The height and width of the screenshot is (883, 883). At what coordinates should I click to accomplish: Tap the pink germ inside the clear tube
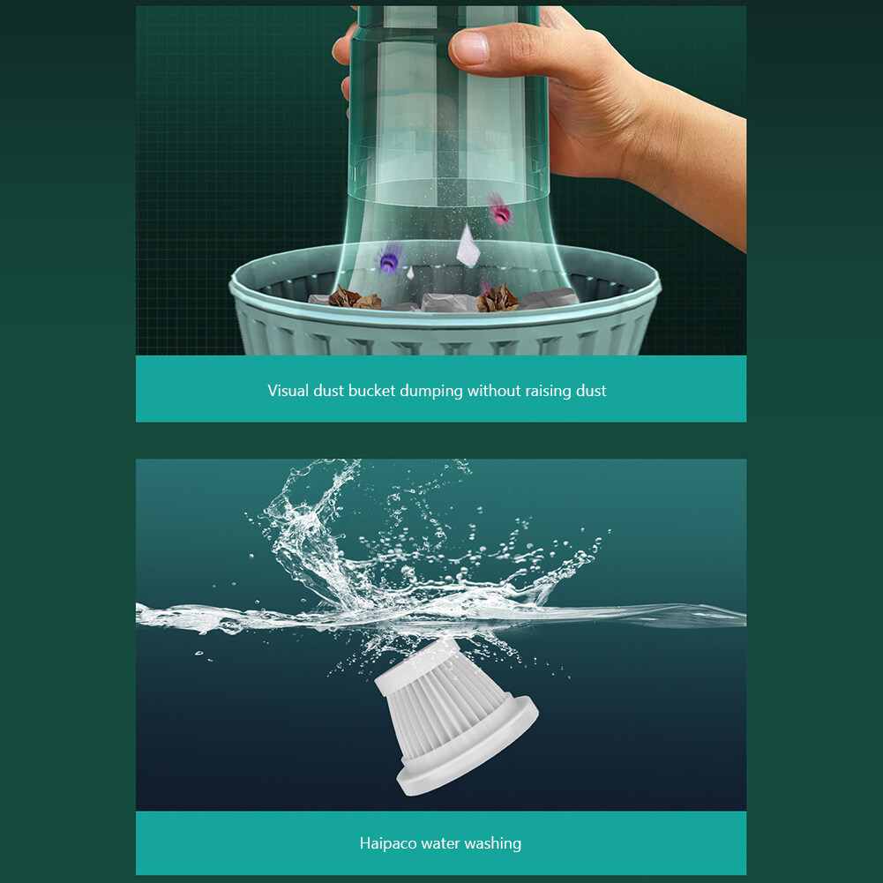click(499, 212)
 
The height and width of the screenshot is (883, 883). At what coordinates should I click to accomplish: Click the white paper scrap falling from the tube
click(468, 245)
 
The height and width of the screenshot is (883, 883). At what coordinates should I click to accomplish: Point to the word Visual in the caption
click(288, 390)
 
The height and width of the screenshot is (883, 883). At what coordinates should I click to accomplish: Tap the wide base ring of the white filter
click(468, 746)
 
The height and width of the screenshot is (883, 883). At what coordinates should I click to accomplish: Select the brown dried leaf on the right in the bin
click(498, 298)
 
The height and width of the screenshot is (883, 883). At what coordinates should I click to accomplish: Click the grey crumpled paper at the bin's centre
click(448, 303)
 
